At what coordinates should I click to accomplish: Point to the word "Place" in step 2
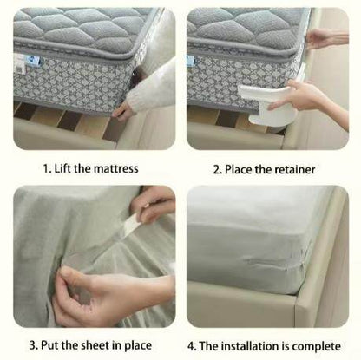(246, 169)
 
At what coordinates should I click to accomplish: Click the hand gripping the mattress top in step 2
(325, 38)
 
